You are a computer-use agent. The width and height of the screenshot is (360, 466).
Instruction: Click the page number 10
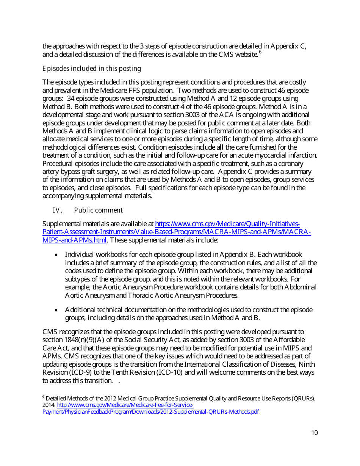click(x=314, y=433)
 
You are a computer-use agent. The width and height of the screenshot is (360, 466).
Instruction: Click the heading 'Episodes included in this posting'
click(x=92, y=69)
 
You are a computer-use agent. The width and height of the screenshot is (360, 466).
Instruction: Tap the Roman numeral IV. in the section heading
click(x=57, y=210)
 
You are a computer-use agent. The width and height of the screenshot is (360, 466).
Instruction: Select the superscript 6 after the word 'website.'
click(x=260, y=52)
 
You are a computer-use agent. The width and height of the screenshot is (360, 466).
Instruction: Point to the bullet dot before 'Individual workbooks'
click(x=56, y=255)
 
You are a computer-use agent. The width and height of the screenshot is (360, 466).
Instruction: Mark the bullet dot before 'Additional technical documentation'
click(x=56, y=310)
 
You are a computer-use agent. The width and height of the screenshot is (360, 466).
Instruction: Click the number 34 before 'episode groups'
click(x=70, y=99)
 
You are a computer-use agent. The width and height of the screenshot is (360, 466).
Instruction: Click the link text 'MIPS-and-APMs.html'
click(x=74, y=240)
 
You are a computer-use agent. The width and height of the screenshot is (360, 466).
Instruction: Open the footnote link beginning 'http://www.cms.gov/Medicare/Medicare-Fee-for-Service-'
click(x=125, y=405)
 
